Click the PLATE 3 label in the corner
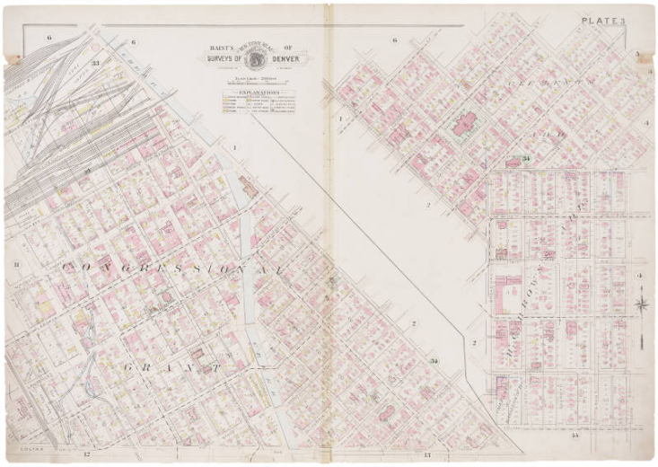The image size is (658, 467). pos(608,20)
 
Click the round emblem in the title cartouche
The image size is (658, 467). pos(255,57)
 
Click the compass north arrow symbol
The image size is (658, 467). pos(642,305)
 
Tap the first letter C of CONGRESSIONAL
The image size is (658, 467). pos(69,268)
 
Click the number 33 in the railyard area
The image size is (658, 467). pos(94,63)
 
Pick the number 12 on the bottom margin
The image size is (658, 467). pos(87,457)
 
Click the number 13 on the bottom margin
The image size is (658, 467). pos(427,457)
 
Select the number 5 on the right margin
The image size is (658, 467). pos(636,55)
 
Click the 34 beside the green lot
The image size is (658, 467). pos(528,158)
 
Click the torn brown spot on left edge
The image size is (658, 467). pos(13,60)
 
